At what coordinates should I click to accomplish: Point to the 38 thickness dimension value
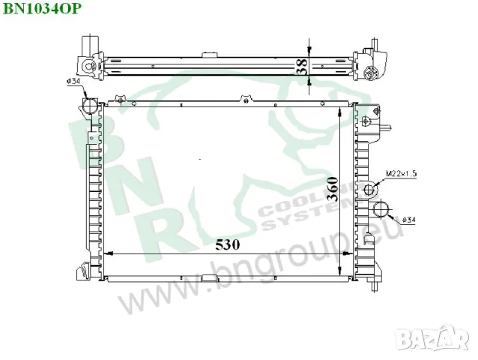[300, 67]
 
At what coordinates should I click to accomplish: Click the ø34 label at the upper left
[74, 81]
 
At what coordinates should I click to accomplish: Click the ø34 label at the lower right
[410, 220]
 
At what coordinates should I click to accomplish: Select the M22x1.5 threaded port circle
[369, 189]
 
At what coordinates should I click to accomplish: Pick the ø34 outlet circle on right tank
[381, 210]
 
